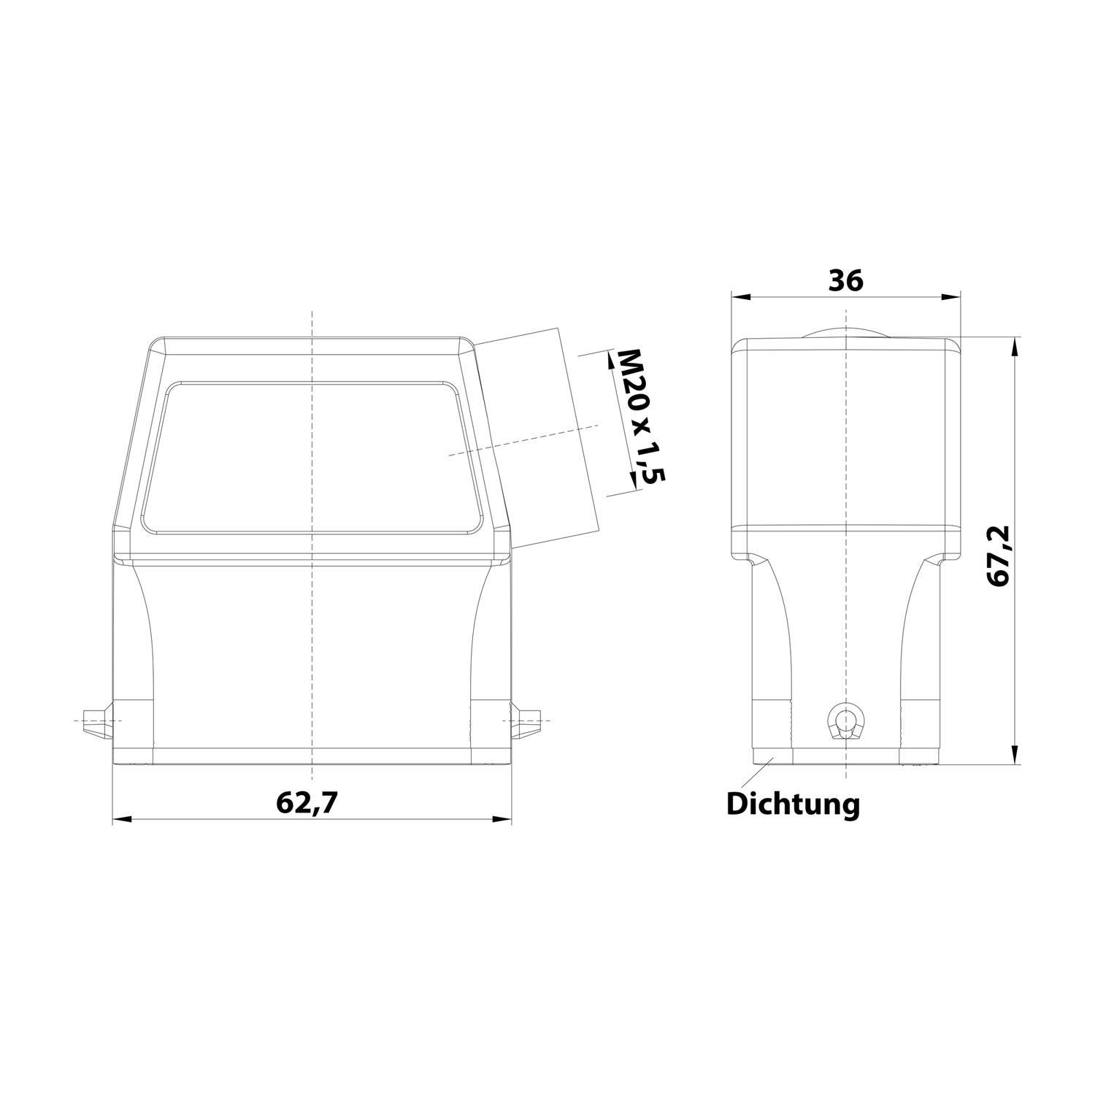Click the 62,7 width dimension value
[307, 803]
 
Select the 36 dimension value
[845, 281]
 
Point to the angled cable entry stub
[540, 438]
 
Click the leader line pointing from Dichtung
[764, 770]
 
